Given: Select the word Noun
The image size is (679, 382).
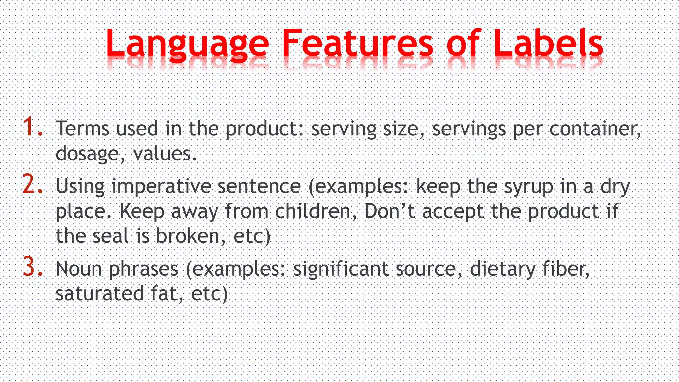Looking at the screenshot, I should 79,269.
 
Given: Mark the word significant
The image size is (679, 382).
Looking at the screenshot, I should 341,269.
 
